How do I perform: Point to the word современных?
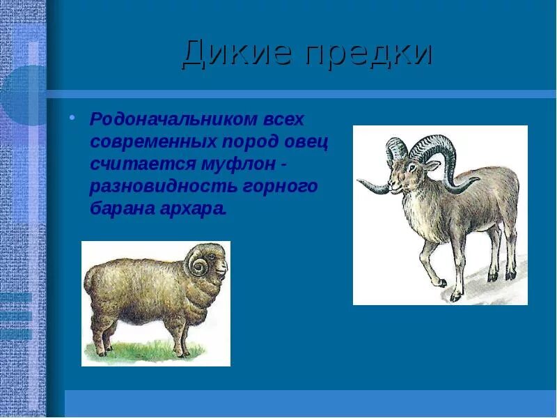point(153,141)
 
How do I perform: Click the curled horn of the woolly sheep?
point(197,265)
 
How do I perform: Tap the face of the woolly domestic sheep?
point(218,265)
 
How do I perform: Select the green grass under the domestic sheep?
point(153,348)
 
